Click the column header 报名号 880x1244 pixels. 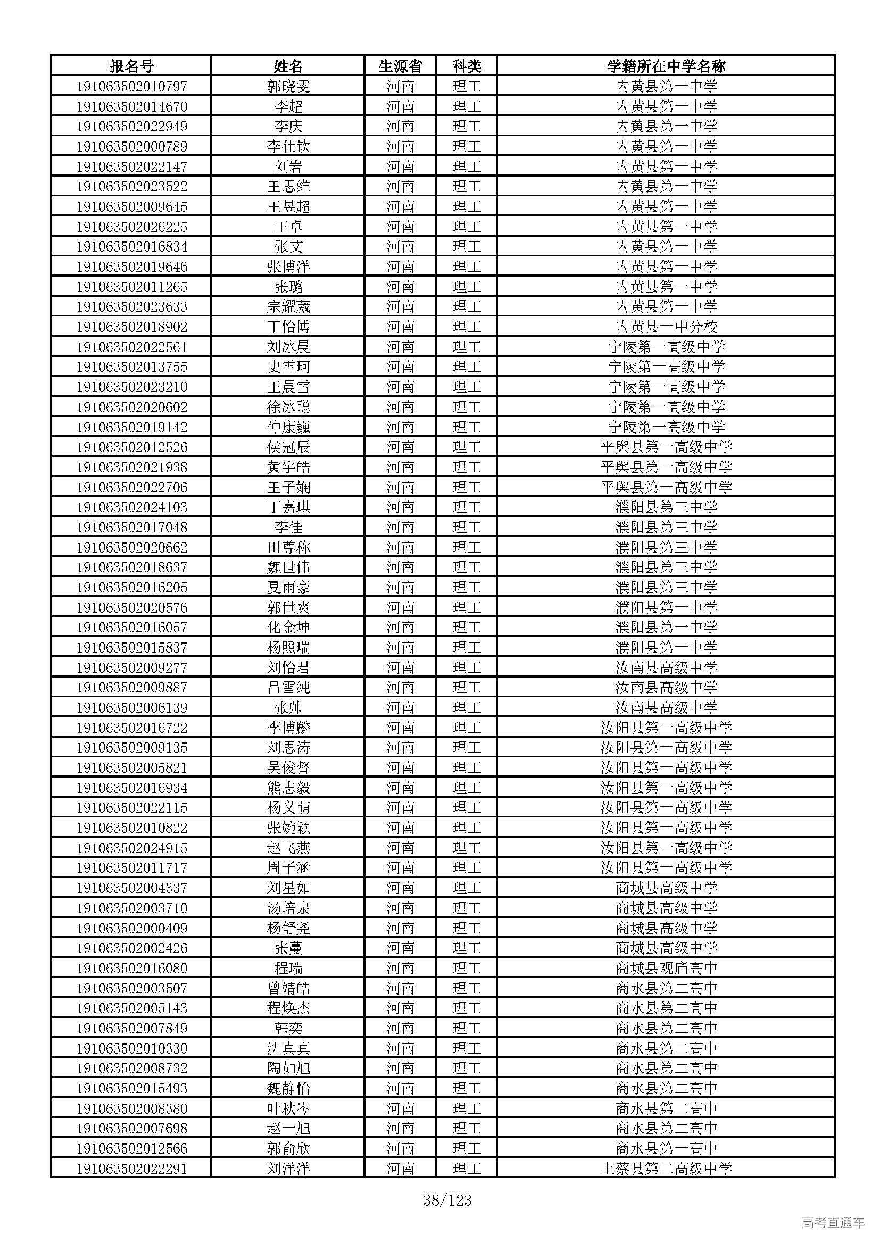(131, 66)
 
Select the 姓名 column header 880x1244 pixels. (288, 66)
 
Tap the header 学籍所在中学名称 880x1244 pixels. (666, 66)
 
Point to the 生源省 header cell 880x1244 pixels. (400, 66)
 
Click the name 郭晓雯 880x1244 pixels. (288, 86)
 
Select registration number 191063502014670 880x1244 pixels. (131, 106)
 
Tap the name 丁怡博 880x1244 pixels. (288, 327)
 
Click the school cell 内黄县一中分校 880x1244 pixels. (666, 327)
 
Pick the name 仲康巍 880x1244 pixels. (288, 427)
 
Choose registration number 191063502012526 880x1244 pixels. (131, 447)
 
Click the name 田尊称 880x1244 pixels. (288, 547)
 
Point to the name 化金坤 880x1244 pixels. (288, 628)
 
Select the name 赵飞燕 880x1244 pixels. (288, 848)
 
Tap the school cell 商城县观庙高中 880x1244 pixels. (666, 968)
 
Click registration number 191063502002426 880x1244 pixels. (131, 948)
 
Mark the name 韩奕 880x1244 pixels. (288, 1029)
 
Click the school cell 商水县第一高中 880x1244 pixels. (666, 1149)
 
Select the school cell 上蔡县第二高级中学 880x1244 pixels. (666, 1168)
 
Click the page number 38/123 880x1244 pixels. (447, 1201)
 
